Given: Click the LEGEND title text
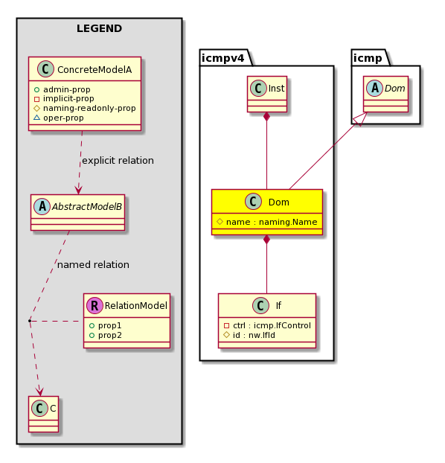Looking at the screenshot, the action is (99, 28).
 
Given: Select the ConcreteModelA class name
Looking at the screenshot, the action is (95, 70).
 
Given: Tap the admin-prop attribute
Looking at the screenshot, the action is (67, 89).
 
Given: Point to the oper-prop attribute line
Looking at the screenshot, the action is (63, 118).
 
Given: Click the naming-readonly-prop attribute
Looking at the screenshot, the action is (89, 109).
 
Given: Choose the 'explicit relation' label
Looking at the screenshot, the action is (118, 160).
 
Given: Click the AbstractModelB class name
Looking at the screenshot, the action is (87, 207).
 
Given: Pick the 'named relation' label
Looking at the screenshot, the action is (93, 264).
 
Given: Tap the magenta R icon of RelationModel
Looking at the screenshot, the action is (95, 306).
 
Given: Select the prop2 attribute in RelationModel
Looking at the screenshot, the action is (110, 335).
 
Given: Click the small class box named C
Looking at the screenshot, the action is (44, 414).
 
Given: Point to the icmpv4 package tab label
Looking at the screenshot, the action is (223, 58).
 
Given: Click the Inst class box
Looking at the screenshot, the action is (267, 95).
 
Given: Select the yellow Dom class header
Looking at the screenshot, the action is (267, 202).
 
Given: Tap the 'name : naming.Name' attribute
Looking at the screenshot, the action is (272, 222).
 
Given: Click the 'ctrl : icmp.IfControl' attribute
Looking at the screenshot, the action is (272, 325).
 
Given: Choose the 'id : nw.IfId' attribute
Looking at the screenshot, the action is (254, 335).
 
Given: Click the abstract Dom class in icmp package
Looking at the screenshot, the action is (385, 95).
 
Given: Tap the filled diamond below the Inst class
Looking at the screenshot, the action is (267, 116).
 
